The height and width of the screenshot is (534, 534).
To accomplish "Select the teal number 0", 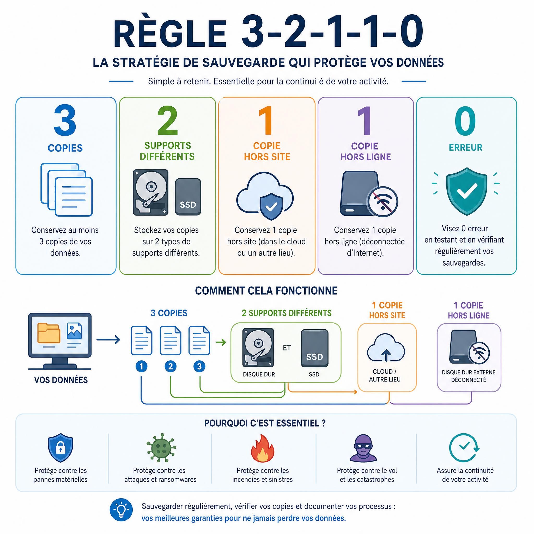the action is [465, 120].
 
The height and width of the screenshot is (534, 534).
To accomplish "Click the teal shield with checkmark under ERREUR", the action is [466, 191].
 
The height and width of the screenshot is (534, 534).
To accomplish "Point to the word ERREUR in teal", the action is [465, 147].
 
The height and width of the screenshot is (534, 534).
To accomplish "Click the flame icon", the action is [263, 448].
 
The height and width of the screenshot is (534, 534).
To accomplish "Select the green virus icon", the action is [161, 447].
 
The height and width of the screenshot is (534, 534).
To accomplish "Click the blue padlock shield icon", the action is [60, 448].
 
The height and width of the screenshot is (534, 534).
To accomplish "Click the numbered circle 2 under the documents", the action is [170, 367].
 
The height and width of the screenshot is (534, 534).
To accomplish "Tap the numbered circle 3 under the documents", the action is [199, 367].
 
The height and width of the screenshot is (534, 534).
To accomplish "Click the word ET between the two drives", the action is [287, 348].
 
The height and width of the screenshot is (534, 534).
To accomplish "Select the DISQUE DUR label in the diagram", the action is [259, 374].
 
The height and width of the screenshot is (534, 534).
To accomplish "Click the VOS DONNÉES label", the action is [61, 380].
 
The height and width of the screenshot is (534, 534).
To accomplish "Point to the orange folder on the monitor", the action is [49, 333].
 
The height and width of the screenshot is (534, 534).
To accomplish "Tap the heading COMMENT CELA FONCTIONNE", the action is [266, 291].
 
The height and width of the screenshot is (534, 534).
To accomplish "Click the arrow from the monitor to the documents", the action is [108, 340].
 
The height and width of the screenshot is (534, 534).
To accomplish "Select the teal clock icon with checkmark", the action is [464, 447].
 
